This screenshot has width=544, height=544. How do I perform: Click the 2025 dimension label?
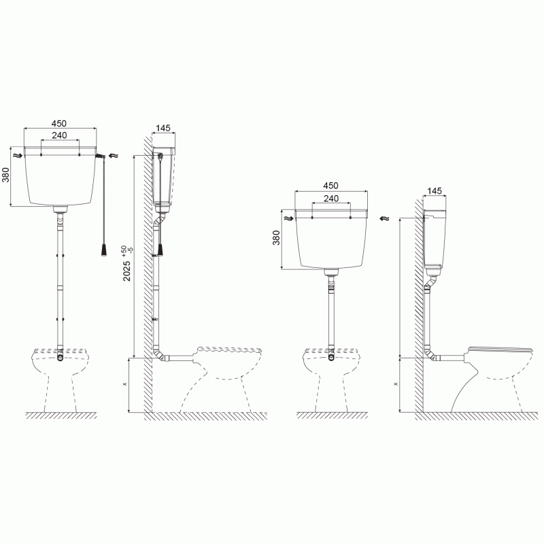pyautogui.click(x=127, y=271)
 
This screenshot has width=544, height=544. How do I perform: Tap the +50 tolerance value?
pyautogui.click(x=124, y=250)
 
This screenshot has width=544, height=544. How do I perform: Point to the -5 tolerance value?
pyautogui.click(x=131, y=249)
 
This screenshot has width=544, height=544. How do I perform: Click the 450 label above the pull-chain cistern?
pyautogui.click(x=59, y=124)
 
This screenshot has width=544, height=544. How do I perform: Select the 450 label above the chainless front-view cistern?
pyautogui.click(x=330, y=186)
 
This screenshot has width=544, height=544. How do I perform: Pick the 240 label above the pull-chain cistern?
pyautogui.click(x=59, y=135)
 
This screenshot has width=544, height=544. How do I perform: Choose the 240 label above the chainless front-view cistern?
pyautogui.click(x=331, y=199)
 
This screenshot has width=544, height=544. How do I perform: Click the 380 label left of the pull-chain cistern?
pyautogui.click(x=6, y=175)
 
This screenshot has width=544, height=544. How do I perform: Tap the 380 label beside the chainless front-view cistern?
pyautogui.click(x=276, y=237)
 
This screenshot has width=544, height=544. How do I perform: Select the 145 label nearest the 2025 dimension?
pyautogui.click(x=163, y=128)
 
